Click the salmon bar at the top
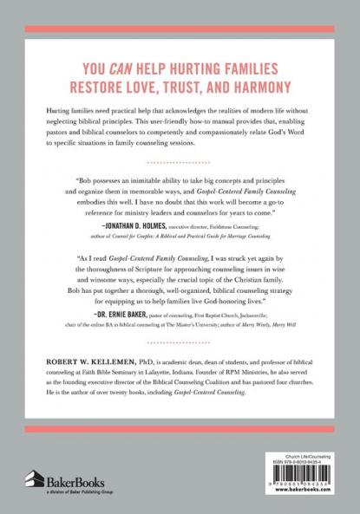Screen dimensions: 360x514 (180, 30)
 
